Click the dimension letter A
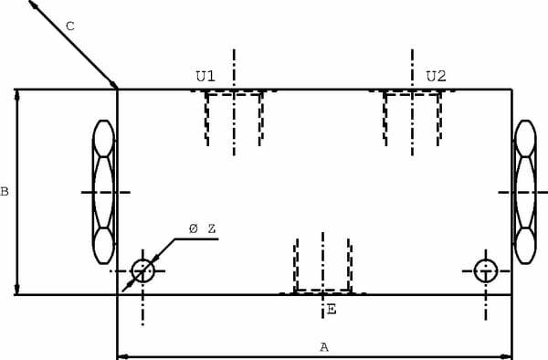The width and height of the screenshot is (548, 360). click(323, 346)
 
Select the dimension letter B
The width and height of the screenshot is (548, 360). click(5, 192)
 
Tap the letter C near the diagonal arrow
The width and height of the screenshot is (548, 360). click(69, 26)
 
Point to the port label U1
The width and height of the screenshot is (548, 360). click(205, 76)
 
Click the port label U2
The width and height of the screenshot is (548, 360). click(437, 76)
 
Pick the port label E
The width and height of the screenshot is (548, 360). click(332, 310)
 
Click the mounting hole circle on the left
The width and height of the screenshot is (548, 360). click(142, 270)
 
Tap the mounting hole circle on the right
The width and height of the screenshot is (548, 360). click(486, 270)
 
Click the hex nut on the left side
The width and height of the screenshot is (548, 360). click(104, 192)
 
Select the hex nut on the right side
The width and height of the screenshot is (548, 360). click(525, 192)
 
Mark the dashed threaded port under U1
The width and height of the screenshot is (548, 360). click(234, 116)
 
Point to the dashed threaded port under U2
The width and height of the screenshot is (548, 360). click(412, 116)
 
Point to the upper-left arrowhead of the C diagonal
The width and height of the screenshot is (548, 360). click(33, 5)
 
